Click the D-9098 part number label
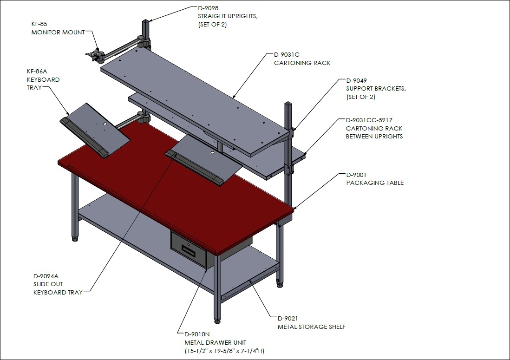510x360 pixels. tap(208, 8)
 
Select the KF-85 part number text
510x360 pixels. tap(39, 24)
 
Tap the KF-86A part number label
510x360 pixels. tap(37, 71)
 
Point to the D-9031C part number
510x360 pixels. tap(287, 55)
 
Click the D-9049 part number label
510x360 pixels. tap(356, 80)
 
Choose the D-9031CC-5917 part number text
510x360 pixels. tap(369, 120)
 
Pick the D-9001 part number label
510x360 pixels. tap(356, 175)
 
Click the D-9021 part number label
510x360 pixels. tap(288, 318)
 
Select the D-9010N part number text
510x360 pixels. tap(197, 334)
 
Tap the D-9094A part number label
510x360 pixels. tap(46, 276)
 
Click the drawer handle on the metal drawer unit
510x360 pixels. tap(188, 250)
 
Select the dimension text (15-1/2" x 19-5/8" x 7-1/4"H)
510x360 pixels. tap(224, 351)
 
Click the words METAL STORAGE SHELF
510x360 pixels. tap(312, 327)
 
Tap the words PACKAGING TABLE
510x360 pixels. tap(375, 183)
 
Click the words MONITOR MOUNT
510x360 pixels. tap(58, 32)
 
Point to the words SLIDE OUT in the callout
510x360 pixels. tap(48, 284)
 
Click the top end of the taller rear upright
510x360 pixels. tap(145, 21)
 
